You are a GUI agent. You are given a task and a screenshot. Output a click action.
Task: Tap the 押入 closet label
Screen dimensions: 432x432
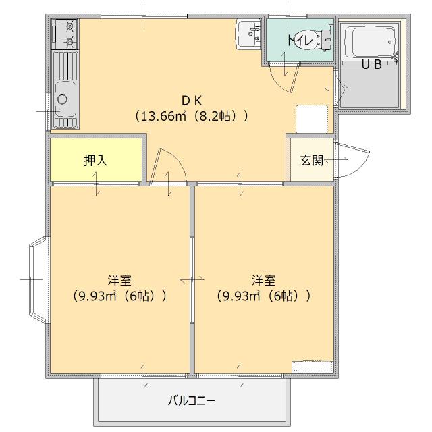click(x=96, y=161)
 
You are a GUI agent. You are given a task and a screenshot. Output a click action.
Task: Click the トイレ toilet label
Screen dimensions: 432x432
click(x=299, y=40)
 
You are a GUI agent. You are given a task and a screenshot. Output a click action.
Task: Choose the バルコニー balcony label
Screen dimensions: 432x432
click(x=192, y=400)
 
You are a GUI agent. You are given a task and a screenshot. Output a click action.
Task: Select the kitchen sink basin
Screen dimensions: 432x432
click(x=64, y=102)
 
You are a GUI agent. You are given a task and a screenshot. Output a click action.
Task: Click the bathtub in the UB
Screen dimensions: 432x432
click(x=368, y=42)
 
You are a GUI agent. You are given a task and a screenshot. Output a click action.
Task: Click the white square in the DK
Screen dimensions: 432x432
click(x=311, y=119)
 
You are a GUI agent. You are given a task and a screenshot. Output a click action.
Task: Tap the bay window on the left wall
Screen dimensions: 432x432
click(x=37, y=278)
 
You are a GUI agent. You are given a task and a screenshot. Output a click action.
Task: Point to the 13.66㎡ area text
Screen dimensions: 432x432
click(x=163, y=116)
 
